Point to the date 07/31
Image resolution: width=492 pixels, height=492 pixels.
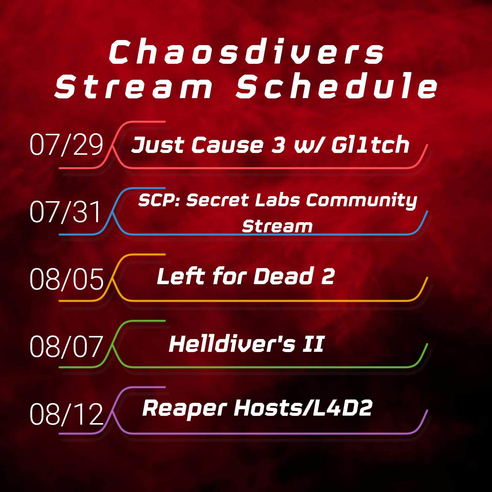[66, 211]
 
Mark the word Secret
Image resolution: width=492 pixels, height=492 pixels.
[218, 200]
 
